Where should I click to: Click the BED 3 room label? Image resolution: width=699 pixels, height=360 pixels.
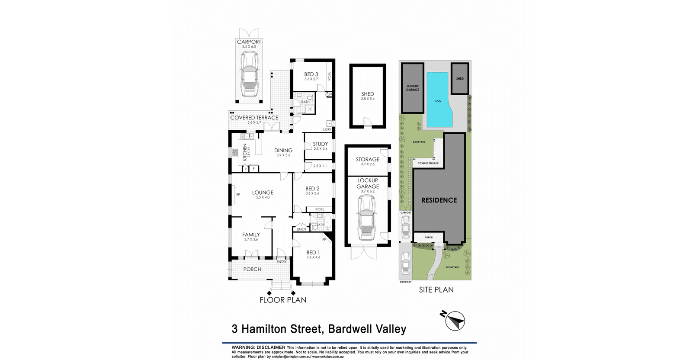point(311,74)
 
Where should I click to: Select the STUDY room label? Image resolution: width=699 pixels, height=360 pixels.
point(321,144)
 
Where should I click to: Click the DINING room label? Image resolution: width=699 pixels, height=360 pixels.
point(283,151)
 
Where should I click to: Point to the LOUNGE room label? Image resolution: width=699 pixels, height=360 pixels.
point(263,193)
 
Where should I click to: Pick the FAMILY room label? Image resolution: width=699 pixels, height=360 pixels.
point(251,235)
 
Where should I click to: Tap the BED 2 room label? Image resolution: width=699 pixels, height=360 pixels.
point(312,189)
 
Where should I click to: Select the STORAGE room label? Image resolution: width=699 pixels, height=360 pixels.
point(368,160)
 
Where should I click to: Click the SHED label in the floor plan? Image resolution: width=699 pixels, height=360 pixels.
point(368,94)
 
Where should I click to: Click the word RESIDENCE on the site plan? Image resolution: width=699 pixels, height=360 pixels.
point(439,200)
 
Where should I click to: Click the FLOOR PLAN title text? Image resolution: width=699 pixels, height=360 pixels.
point(283,300)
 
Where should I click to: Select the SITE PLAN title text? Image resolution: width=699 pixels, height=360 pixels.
point(436,290)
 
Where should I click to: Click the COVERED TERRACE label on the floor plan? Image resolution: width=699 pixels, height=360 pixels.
point(254,118)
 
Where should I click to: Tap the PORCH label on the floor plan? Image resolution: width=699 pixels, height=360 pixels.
point(252,269)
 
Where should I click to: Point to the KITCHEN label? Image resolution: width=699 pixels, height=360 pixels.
point(245,152)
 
